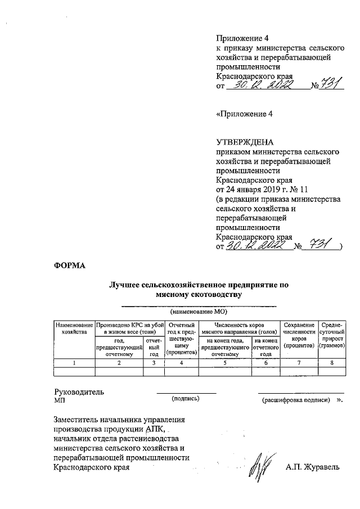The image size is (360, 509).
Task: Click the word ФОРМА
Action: [69, 265]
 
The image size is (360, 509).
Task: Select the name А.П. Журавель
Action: [313, 467]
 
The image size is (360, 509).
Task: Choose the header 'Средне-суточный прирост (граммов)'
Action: [332, 336]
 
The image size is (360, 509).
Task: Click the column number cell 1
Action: [74, 363]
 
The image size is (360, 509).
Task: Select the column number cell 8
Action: [332, 363]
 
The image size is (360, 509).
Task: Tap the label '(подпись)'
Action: [186, 398]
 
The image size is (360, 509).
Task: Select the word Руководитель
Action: [79, 391]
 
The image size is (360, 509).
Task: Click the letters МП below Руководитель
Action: [60, 400]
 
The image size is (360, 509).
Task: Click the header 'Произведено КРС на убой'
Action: [129, 328]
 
